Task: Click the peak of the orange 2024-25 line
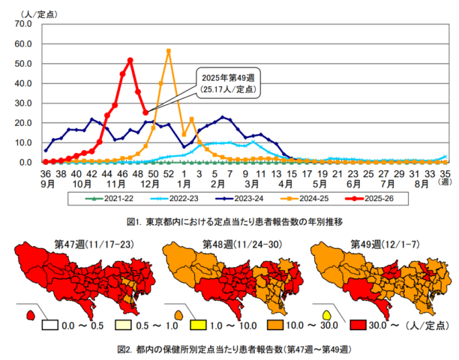(x=169, y=51)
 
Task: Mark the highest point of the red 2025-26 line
(x=130, y=61)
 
